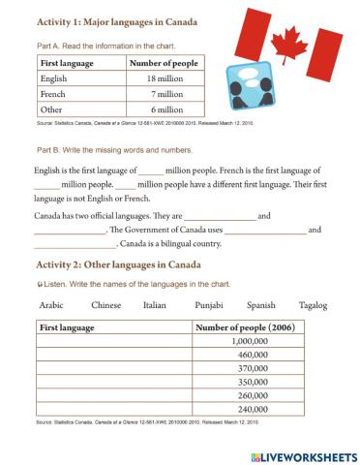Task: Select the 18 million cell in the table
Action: (157, 78)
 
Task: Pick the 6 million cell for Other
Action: (157, 110)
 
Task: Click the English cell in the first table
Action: (54, 78)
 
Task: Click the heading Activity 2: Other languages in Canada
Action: (104, 265)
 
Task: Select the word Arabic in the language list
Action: (50, 305)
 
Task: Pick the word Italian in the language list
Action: (156, 305)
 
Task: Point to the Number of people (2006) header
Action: (246, 327)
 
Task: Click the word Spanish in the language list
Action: (260, 305)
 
